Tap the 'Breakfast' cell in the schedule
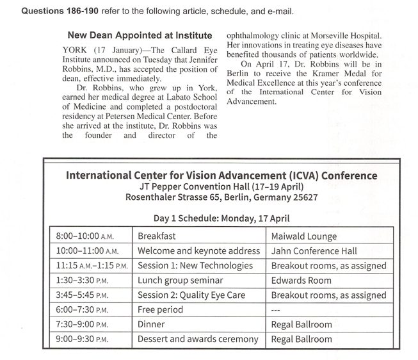pyautogui.click(x=157, y=236)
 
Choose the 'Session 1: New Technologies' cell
pyautogui.click(x=196, y=266)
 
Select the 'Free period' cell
pyautogui.click(x=160, y=310)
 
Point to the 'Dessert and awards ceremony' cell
pyautogui.click(x=198, y=340)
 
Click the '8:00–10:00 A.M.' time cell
pyautogui.click(x=87, y=236)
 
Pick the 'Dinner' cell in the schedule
pyautogui.click(x=151, y=325)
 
